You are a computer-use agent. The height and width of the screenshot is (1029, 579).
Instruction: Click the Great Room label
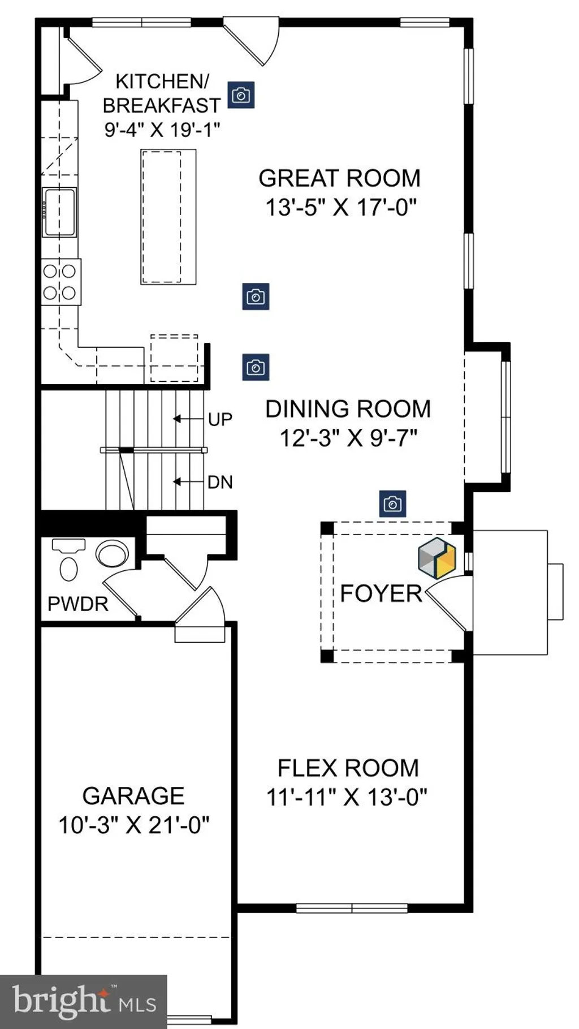(x=339, y=178)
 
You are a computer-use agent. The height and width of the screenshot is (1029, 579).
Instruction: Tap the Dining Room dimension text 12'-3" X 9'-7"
(x=348, y=438)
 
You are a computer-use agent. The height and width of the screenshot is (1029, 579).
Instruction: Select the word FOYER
(x=381, y=593)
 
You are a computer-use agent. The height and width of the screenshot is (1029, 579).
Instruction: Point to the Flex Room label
(x=348, y=768)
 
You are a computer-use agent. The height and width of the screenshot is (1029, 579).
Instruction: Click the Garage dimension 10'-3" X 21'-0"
(x=134, y=825)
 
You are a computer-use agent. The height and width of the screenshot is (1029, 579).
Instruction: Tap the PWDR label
(x=78, y=604)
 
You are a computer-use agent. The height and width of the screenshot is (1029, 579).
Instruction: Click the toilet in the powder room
(x=68, y=560)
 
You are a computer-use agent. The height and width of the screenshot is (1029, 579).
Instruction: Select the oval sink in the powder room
(x=112, y=554)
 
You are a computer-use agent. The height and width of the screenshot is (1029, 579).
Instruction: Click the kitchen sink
(x=59, y=212)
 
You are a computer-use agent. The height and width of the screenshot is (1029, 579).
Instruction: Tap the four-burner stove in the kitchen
(x=61, y=282)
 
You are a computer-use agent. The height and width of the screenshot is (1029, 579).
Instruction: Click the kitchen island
(x=168, y=217)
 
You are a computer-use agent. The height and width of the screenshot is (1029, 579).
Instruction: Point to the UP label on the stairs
(x=220, y=419)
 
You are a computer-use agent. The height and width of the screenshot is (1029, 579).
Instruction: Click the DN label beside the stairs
(x=220, y=482)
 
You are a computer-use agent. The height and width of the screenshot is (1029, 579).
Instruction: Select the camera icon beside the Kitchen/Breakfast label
(x=241, y=94)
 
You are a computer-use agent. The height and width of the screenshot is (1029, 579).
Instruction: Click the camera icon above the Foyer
(x=392, y=503)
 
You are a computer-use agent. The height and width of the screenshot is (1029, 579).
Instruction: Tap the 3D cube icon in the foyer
(x=437, y=558)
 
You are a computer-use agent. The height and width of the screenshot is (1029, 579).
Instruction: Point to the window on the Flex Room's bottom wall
(x=352, y=908)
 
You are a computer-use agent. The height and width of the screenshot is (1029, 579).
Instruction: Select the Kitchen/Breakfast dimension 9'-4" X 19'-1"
(x=162, y=130)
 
